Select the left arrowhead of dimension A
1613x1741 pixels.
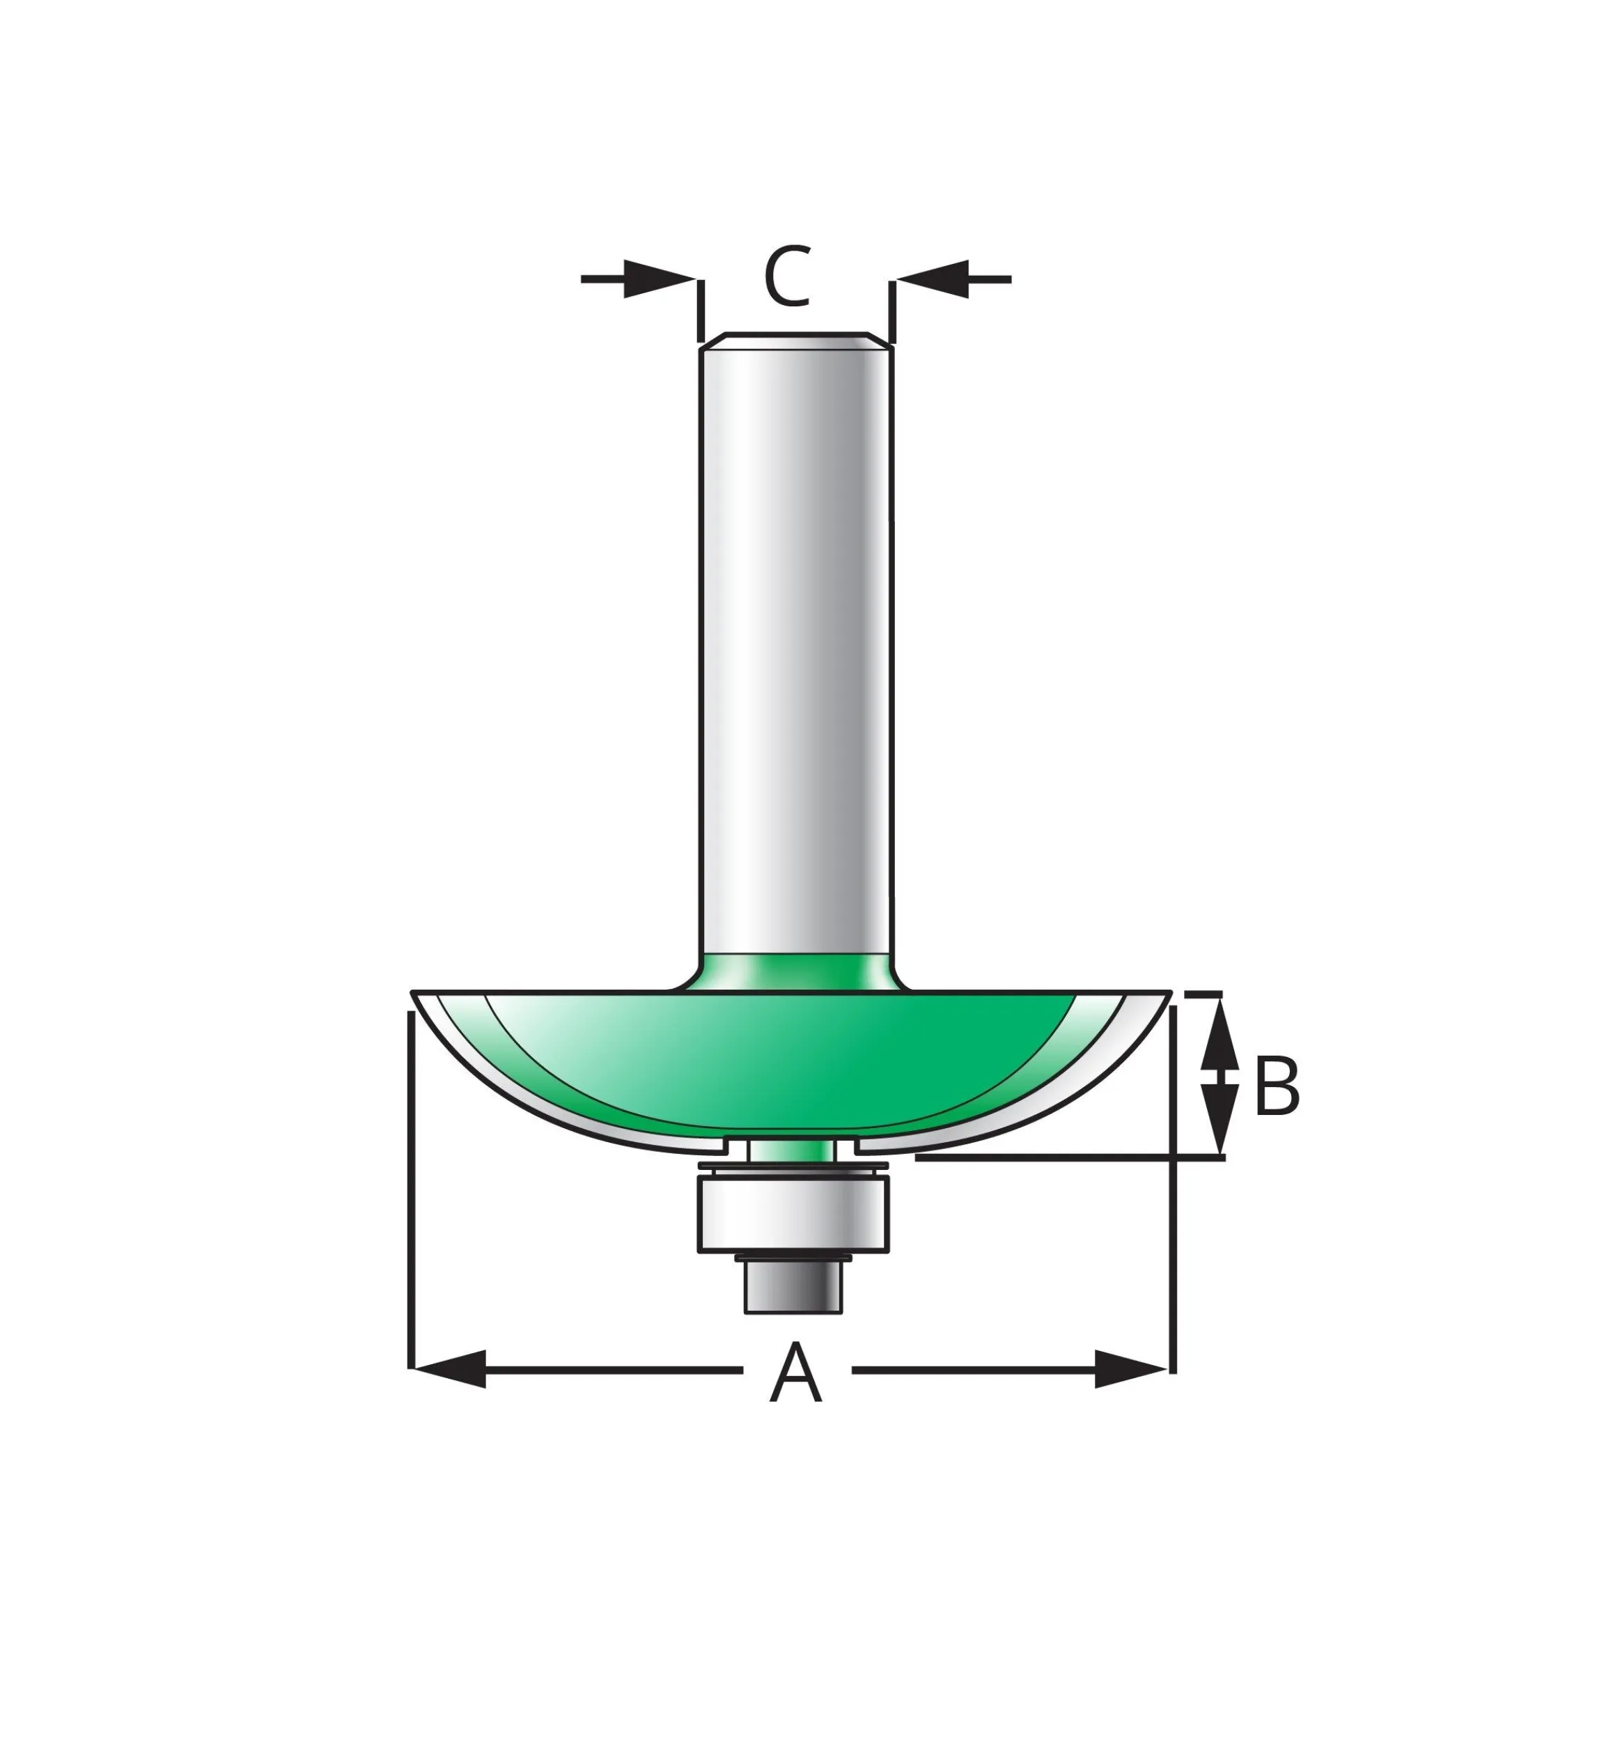click(449, 1369)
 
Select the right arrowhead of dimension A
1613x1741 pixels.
click(1130, 1369)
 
